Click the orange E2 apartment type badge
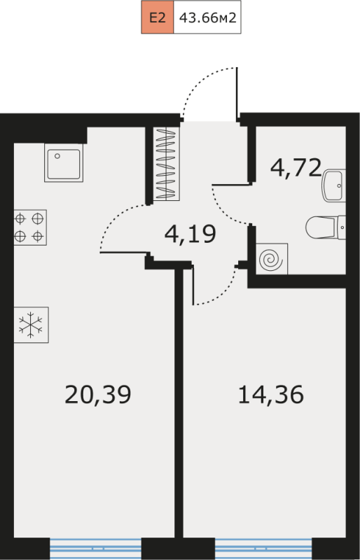(x=158, y=17)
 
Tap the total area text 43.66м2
(x=208, y=17)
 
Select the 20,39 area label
(x=98, y=395)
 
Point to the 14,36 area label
(x=271, y=395)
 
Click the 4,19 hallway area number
(x=191, y=234)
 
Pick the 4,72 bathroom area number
(x=296, y=168)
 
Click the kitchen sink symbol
(x=64, y=163)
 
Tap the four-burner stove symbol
(x=30, y=227)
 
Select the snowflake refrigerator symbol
(x=31, y=325)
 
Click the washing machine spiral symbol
(x=272, y=259)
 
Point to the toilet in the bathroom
(x=326, y=227)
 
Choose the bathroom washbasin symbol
(x=334, y=185)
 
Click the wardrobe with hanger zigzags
(x=167, y=164)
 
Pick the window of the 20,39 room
(x=95, y=549)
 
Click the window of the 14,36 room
(x=263, y=549)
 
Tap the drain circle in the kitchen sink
(x=57, y=156)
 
